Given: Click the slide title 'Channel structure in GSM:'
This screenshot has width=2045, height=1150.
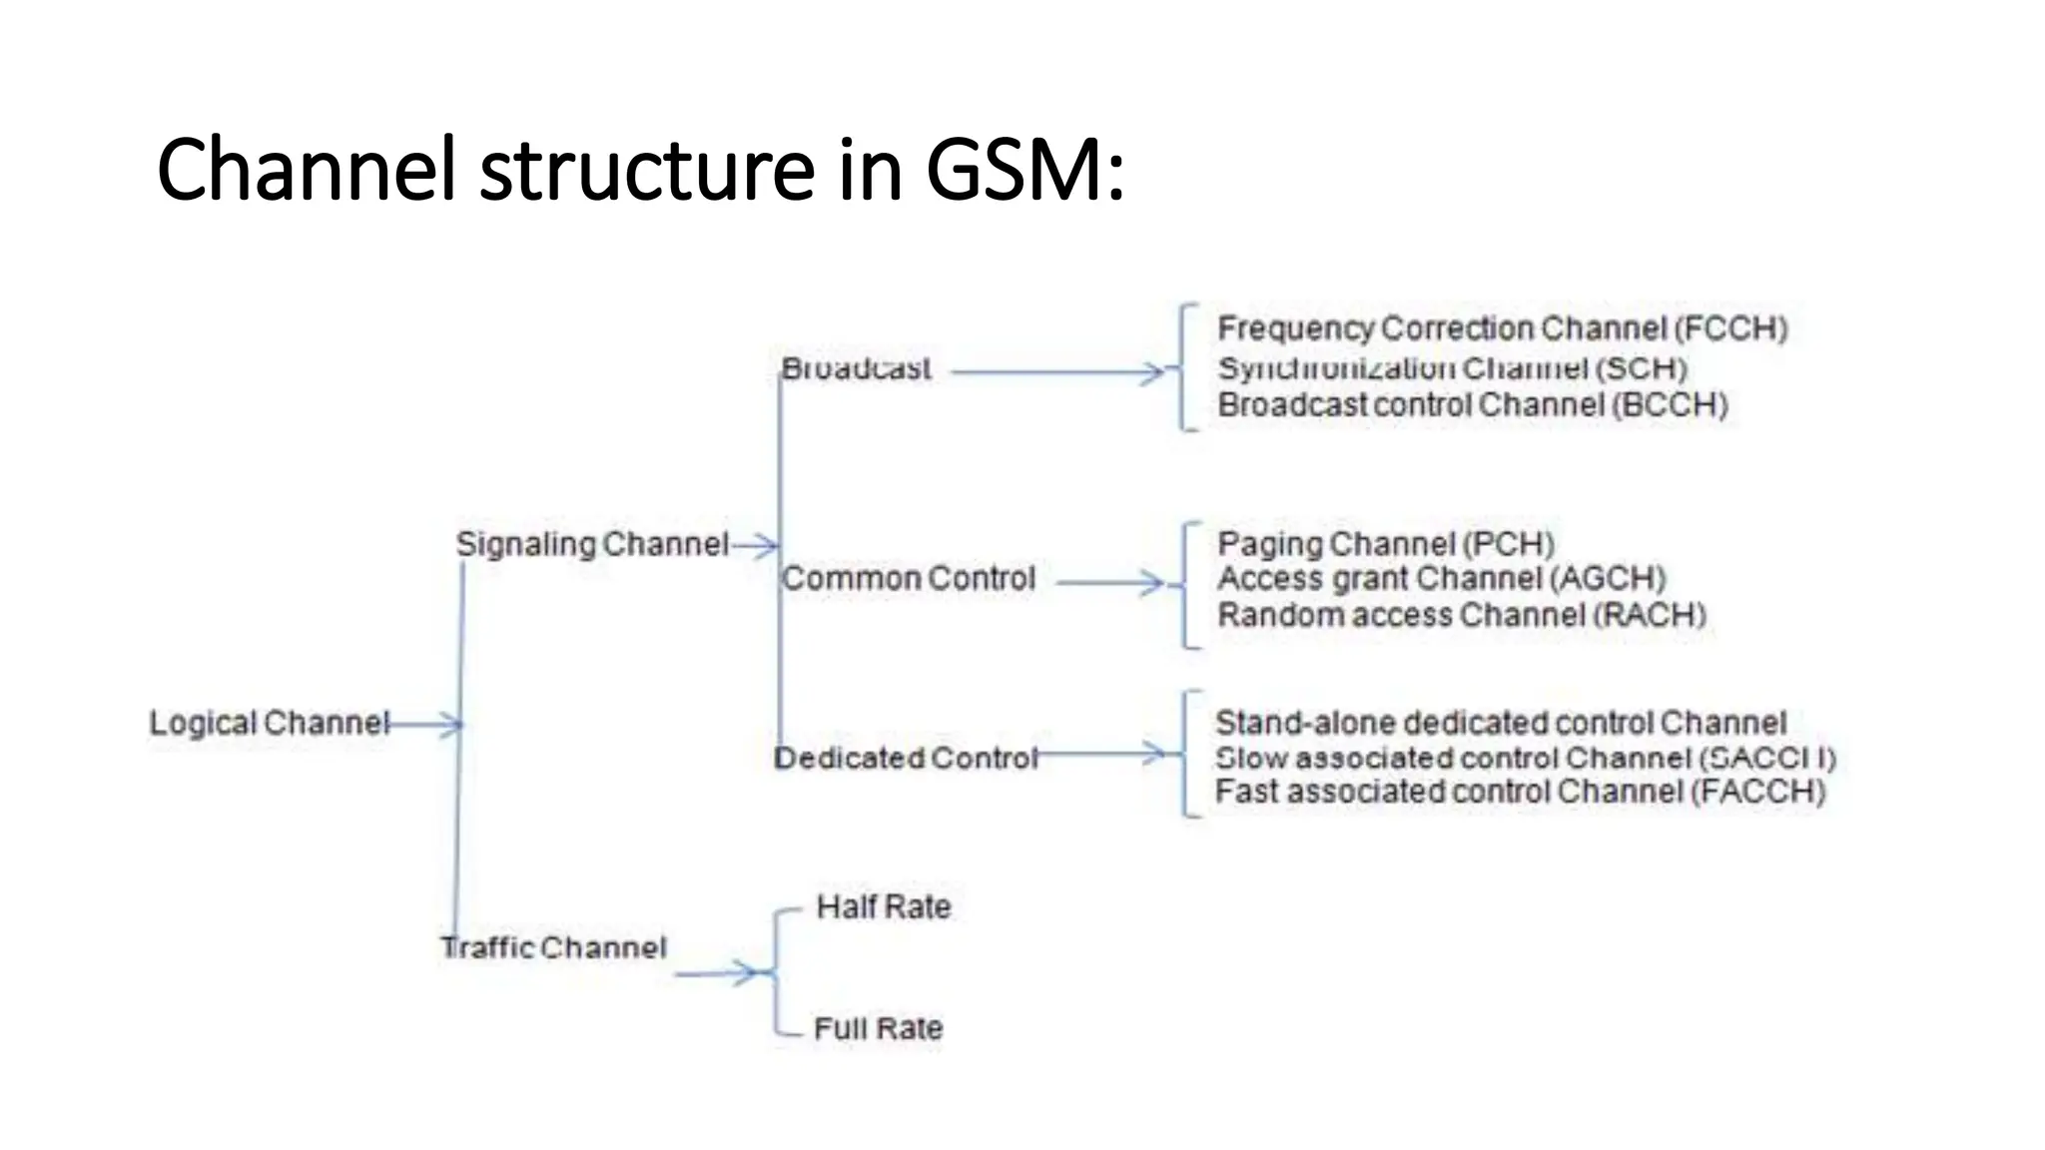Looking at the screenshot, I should coord(640,169).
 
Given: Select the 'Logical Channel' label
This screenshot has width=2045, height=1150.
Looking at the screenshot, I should coord(269,723).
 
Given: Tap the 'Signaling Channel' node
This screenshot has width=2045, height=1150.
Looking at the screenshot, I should coord(592,544).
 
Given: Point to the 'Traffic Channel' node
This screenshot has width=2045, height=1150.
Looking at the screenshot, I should coord(554,947).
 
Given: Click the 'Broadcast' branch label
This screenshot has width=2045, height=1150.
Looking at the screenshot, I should coord(856,368).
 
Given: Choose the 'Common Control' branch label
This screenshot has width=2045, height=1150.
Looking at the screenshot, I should coord(908,579).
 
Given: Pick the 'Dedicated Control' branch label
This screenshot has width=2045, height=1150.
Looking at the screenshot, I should coord(907,759).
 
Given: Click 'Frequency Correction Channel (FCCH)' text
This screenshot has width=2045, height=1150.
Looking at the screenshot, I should coord(1502,328).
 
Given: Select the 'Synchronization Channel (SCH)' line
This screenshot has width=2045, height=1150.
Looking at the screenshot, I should coord(1452,368).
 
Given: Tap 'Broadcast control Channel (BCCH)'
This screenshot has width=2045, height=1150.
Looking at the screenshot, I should coord(1473,405).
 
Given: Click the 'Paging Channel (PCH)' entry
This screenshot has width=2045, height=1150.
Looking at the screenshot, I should coord(1386,544).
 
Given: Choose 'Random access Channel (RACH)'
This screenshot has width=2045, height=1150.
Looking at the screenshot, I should coord(1462,615).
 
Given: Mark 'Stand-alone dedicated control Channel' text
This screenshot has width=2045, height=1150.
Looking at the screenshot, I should coord(1500,723).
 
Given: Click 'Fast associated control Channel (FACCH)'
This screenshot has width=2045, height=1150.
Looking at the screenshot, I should coord(1520,792).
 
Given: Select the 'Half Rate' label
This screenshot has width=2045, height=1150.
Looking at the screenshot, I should coord(884,907).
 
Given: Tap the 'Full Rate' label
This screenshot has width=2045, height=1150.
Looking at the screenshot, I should coord(879,1028).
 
